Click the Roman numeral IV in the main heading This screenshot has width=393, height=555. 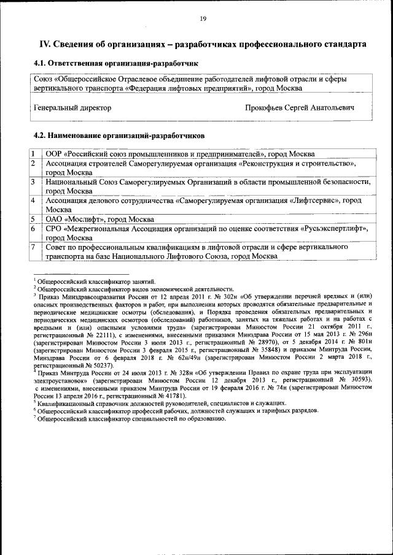(44, 45)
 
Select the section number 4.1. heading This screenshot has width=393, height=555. (40, 64)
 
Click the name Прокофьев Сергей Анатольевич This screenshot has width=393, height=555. (299, 107)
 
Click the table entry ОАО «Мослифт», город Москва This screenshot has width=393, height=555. (99, 219)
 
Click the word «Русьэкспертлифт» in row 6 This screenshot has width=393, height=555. (334, 229)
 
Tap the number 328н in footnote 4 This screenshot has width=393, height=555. (176, 372)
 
